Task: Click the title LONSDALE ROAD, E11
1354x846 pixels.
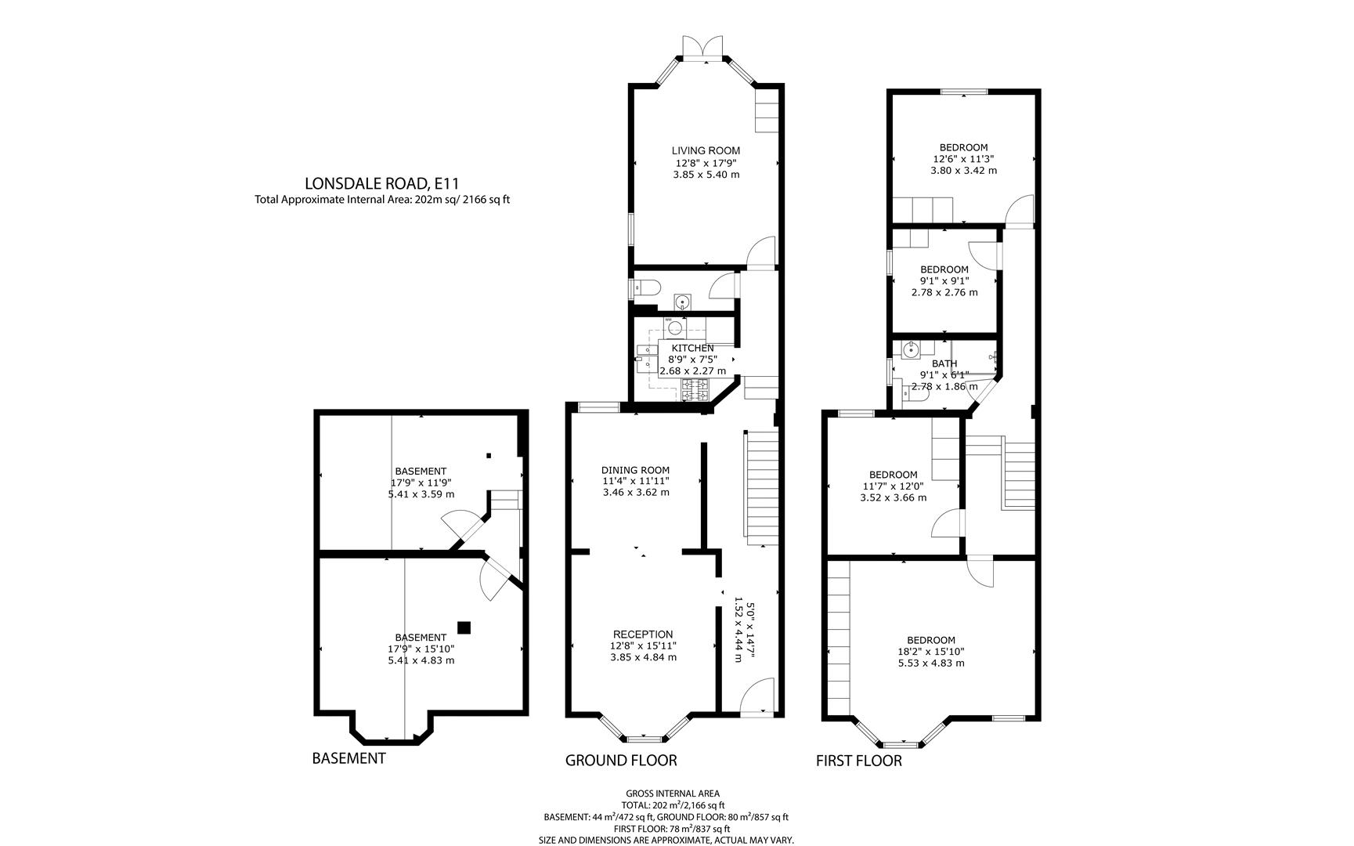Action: coord(381,183)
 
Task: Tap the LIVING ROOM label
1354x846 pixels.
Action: coord(706,150)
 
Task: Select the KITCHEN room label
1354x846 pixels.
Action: coord(692,348)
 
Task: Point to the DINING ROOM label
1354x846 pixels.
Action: coord(635,470)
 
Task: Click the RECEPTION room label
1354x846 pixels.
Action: coord(643,634)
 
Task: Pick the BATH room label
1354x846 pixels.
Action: coord(944,363)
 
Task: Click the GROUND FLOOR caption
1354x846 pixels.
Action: coord(621,760)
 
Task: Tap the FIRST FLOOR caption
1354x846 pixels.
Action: coord(859,761)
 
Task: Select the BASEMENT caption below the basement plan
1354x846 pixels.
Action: coord(348,758)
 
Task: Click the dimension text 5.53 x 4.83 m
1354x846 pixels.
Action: coord(931,663)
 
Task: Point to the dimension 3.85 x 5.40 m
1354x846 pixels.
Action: coord(706,174)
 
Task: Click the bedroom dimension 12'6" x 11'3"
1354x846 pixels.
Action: coord(963,158)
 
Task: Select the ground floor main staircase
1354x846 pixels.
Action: coord(760,488)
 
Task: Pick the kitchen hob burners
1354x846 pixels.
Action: coord(694,389)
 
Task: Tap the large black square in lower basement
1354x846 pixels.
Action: coord(464,627)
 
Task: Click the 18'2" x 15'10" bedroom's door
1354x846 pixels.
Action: coord(980,571)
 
